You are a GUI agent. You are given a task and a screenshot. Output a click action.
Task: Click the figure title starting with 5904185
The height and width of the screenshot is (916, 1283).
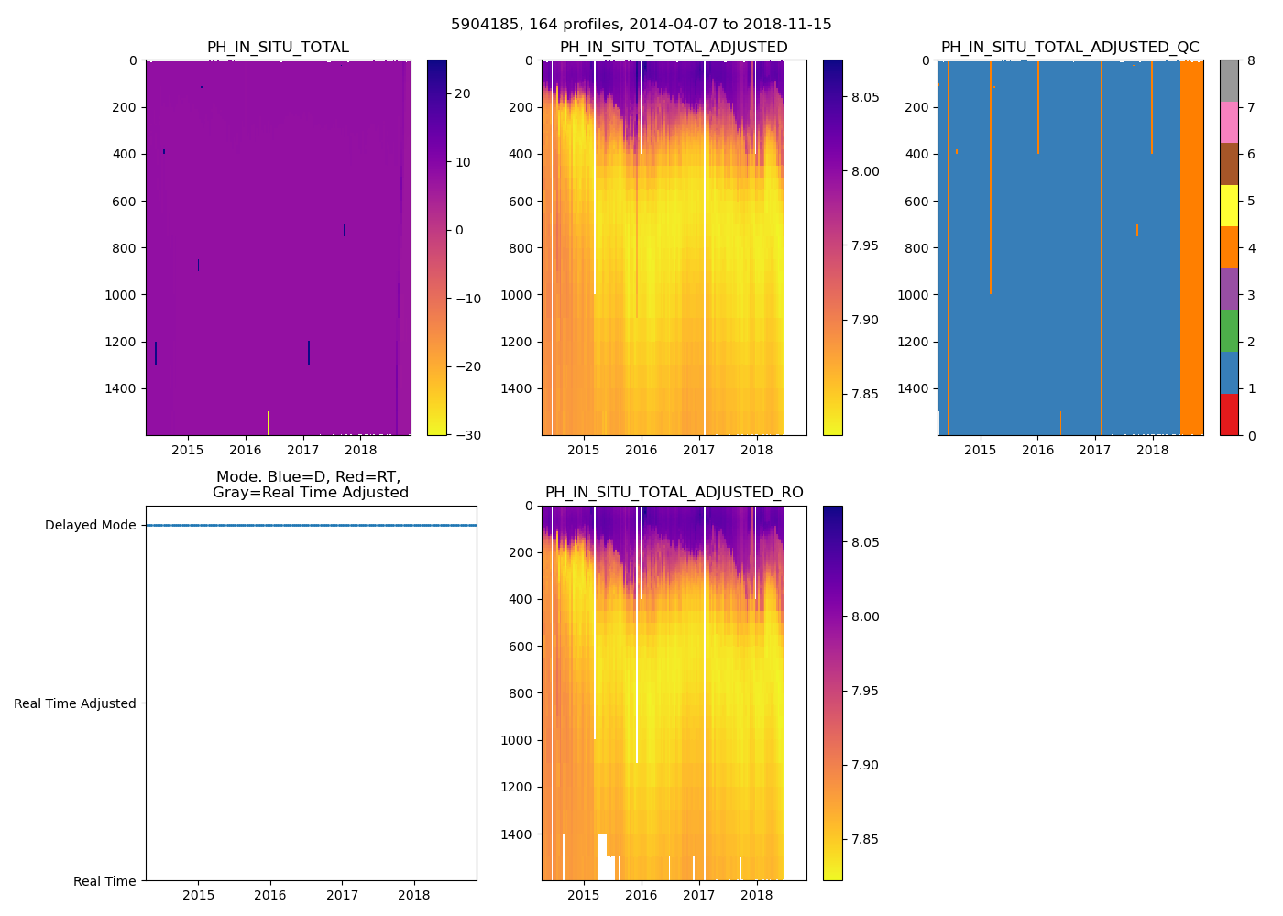[641, 25]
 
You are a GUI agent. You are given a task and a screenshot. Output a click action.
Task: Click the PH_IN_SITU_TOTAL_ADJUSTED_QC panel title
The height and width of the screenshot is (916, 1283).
[1069, 48]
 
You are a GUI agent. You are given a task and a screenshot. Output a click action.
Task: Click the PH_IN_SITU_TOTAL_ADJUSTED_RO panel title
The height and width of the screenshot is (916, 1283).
[674, 493]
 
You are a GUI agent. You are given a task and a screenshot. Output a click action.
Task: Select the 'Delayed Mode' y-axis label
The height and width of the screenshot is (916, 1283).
[90, 525]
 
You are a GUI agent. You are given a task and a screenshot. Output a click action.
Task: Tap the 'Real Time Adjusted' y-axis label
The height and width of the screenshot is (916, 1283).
[75, 703]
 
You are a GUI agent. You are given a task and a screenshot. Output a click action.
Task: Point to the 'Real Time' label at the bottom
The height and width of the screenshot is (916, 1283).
[104, 881]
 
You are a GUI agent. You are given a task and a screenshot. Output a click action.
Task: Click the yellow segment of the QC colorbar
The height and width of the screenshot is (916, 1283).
[1229, 206]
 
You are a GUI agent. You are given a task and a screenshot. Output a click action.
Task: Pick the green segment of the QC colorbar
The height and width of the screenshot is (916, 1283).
[1229, 331]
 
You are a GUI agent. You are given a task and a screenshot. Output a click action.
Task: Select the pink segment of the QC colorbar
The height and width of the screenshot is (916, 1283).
[1229, 123]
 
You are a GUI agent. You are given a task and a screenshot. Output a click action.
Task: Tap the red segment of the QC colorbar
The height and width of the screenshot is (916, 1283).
[1229, 414]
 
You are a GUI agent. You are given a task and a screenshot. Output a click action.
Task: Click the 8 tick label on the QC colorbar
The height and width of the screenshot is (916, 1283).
[1250, 60]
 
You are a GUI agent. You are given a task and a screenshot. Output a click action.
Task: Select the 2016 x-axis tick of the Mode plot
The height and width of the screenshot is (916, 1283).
[270, 895]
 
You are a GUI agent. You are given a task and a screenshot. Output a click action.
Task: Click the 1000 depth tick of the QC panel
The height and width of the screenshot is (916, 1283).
[914, 295]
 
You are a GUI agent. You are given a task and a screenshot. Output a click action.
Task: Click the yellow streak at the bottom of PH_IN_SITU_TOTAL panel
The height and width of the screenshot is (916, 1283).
[268, 423]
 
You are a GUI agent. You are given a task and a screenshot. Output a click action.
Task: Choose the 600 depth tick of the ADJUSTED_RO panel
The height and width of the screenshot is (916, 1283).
[521, 647]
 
